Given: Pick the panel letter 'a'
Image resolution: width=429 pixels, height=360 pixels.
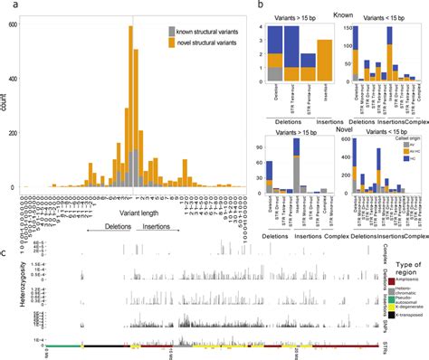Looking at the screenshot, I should pyautogui.click(x=7, y=6).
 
